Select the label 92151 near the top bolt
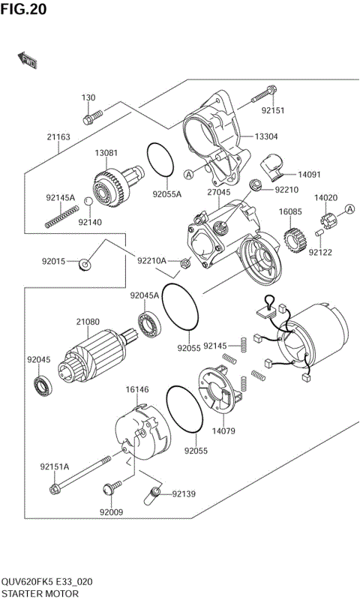tap(273, 110)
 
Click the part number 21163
tap(58, 137)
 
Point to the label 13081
tap(106, 153)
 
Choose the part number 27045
tap(218, 193)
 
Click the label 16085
tap(290, 212)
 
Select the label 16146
tap(137, 390)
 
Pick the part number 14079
tap(223, 430)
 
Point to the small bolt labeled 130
tap(91, 117)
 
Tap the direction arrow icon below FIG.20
tap(28, 60)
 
